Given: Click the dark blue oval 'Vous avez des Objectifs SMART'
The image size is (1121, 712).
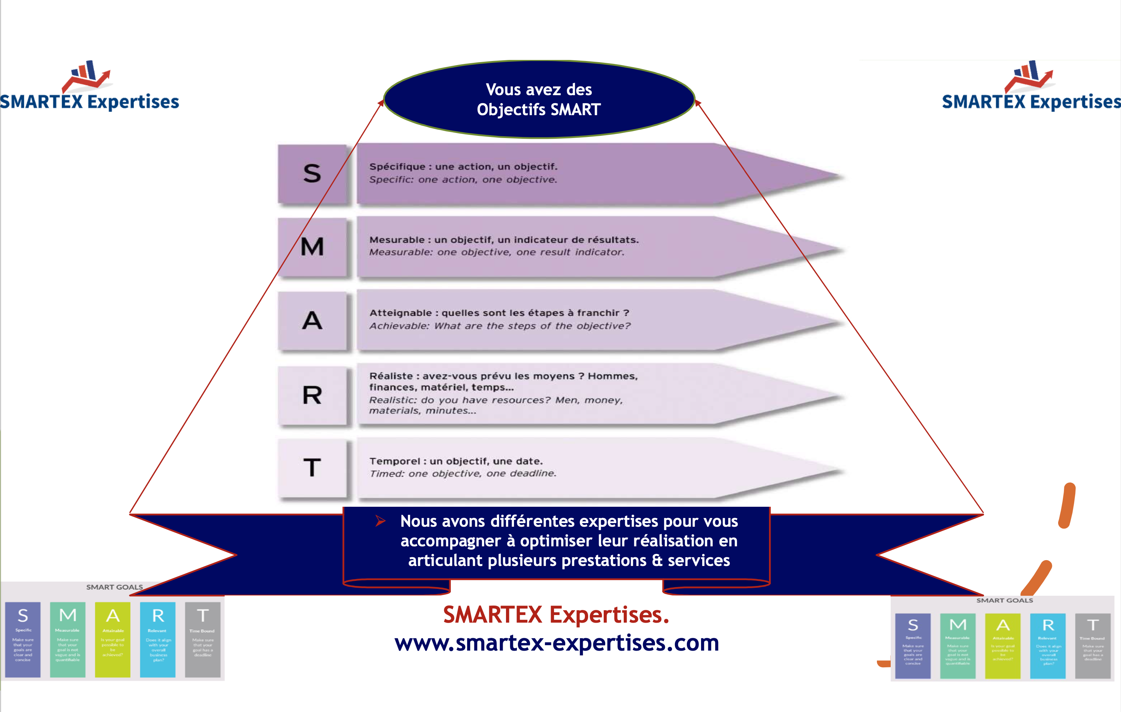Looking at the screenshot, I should [539, 99].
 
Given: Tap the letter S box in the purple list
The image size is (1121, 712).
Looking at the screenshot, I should [312, 173].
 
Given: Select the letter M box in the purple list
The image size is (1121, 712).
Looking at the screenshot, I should [312, 247].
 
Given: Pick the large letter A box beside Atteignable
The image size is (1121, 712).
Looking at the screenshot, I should [312, 320].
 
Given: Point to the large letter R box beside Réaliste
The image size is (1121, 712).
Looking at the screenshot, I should [312, 395].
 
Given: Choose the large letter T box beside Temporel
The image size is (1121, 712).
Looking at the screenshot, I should [312, 468].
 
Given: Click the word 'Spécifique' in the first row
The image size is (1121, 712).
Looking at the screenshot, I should [397, 167].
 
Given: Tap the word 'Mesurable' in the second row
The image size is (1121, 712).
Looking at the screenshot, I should [397, 240].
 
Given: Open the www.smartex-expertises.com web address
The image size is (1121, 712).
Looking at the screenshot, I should [557, 643].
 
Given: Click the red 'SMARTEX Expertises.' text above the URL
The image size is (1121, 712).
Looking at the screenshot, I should [556, 615].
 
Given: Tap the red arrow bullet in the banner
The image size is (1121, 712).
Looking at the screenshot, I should [380, 521].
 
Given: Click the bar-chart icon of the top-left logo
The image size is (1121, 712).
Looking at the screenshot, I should [86, 74].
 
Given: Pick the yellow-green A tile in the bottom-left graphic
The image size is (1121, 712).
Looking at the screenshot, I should [113, 639].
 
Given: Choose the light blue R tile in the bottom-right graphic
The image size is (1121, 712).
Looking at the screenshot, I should [1048, 646].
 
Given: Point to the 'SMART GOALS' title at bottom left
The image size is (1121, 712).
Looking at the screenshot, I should [114, 587].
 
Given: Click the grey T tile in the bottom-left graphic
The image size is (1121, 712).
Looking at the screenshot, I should [202, 639].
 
